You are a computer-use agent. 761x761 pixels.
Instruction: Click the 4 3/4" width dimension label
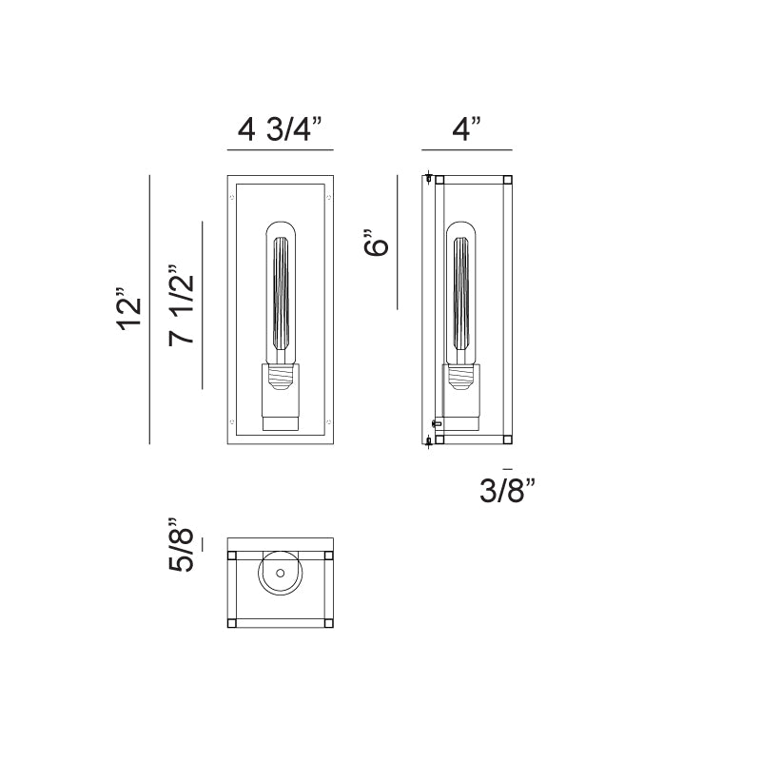pos(280,129)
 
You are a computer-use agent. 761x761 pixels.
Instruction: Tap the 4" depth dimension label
pos(467,129)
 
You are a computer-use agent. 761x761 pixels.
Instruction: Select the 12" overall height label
pos(129,309)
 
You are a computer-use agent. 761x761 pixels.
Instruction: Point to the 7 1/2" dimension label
pos(182,305)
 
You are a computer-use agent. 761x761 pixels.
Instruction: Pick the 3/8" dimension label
pos(507,490)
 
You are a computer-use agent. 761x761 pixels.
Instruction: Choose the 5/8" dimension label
pos(182,544)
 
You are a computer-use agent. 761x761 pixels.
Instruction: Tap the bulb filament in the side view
pos(461,293)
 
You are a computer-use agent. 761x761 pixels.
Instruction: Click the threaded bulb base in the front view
pos(281,377)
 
